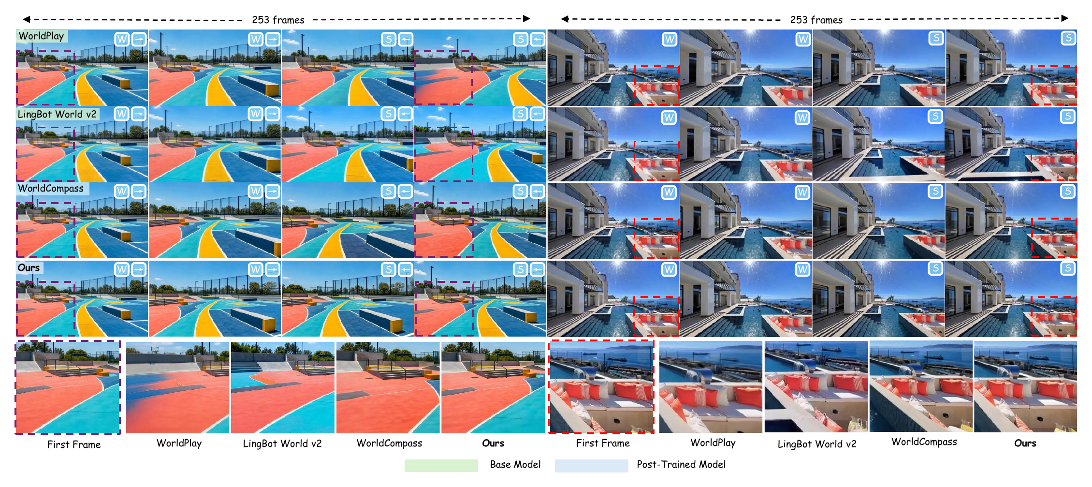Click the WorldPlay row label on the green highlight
(x=41, y=36)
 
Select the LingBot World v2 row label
(x=57, y=114)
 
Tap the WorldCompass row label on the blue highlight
(x=51, y=189)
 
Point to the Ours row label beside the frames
(x=29, y=267)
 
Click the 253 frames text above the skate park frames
(x=278, y=20)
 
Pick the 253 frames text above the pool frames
(x=816, y=20)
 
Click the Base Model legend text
(x=515, y=464)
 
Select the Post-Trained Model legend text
(x=681, y=464)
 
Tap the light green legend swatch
(x=441, y=465)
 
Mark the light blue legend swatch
(x=591, y=465)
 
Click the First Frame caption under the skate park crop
(x=74, y=444)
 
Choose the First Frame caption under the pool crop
(x=603, y=443)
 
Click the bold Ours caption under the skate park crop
(x=493, y=443)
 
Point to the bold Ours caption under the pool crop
(x=1025, y=443)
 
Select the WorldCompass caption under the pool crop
(x=924, y=442)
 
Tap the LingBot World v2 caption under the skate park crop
(x=282, y=443)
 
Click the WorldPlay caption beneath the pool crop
(x=713, y=443)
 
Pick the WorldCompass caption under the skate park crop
(x=389, y=443)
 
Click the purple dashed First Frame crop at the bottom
(x=68, y=340)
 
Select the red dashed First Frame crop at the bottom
(x=601, y=340)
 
